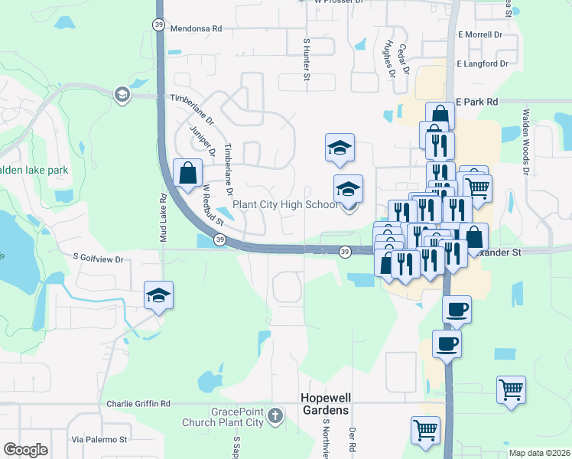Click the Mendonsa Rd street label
pos(196,28)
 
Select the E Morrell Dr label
pos(479,35)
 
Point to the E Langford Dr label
pos(482,65)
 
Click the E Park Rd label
pos(476,101)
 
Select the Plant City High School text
pos(284,204)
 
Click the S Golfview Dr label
pos(98,260)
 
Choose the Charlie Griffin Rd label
pos(138,403)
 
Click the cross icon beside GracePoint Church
pos(275,416)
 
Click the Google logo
pos(25,449)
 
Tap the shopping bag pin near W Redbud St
pos(187,173)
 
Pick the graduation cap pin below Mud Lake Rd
pos(158,295)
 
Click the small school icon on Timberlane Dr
pos(121,95)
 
